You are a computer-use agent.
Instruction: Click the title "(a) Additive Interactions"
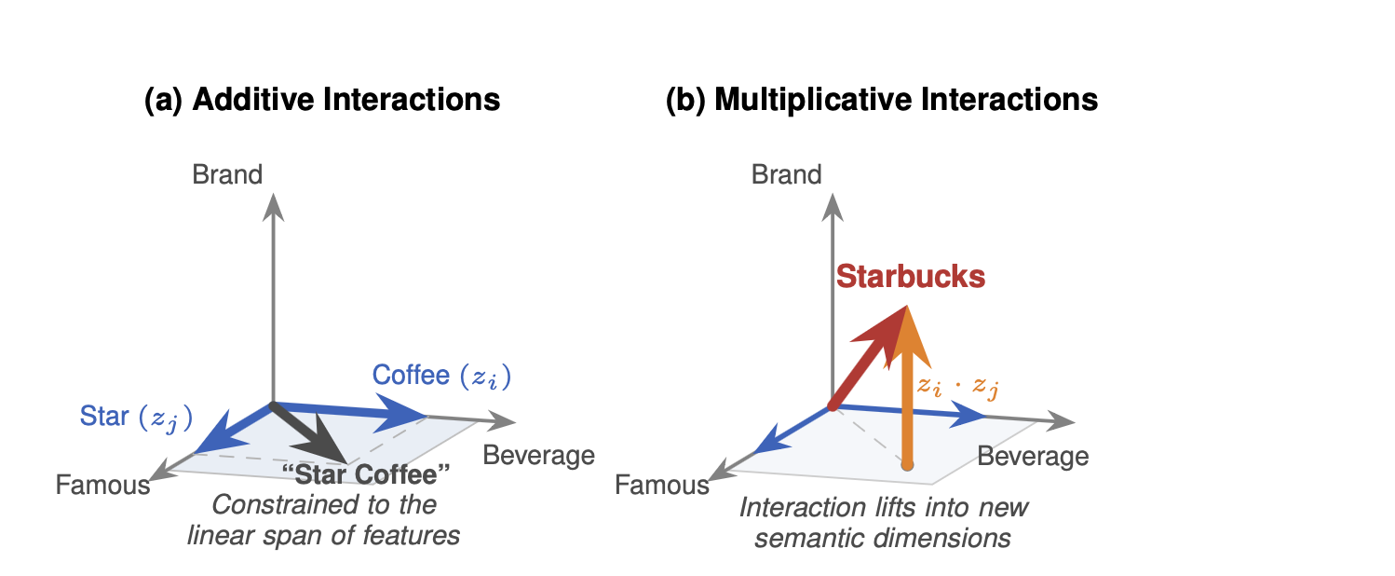tap(322, 100)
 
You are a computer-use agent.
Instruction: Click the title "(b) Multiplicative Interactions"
tap(882, 100)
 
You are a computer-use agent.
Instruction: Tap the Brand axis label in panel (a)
tap(227, 174)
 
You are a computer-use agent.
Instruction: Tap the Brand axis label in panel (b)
tap(787, 174)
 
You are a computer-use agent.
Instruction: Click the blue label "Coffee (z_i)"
tap(441, 376)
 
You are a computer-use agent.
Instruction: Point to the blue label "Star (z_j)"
tap(136, 417)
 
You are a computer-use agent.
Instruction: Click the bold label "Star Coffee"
tap(372, 474)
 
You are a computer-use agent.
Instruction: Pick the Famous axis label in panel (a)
tap(102, 486)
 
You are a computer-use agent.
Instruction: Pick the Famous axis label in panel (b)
tap(662, 486)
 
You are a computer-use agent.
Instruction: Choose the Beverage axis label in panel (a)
tap(537, 456)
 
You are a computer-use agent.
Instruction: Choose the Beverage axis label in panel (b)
tap(1032, 457)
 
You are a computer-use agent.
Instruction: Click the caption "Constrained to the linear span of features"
tap(323, 521)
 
